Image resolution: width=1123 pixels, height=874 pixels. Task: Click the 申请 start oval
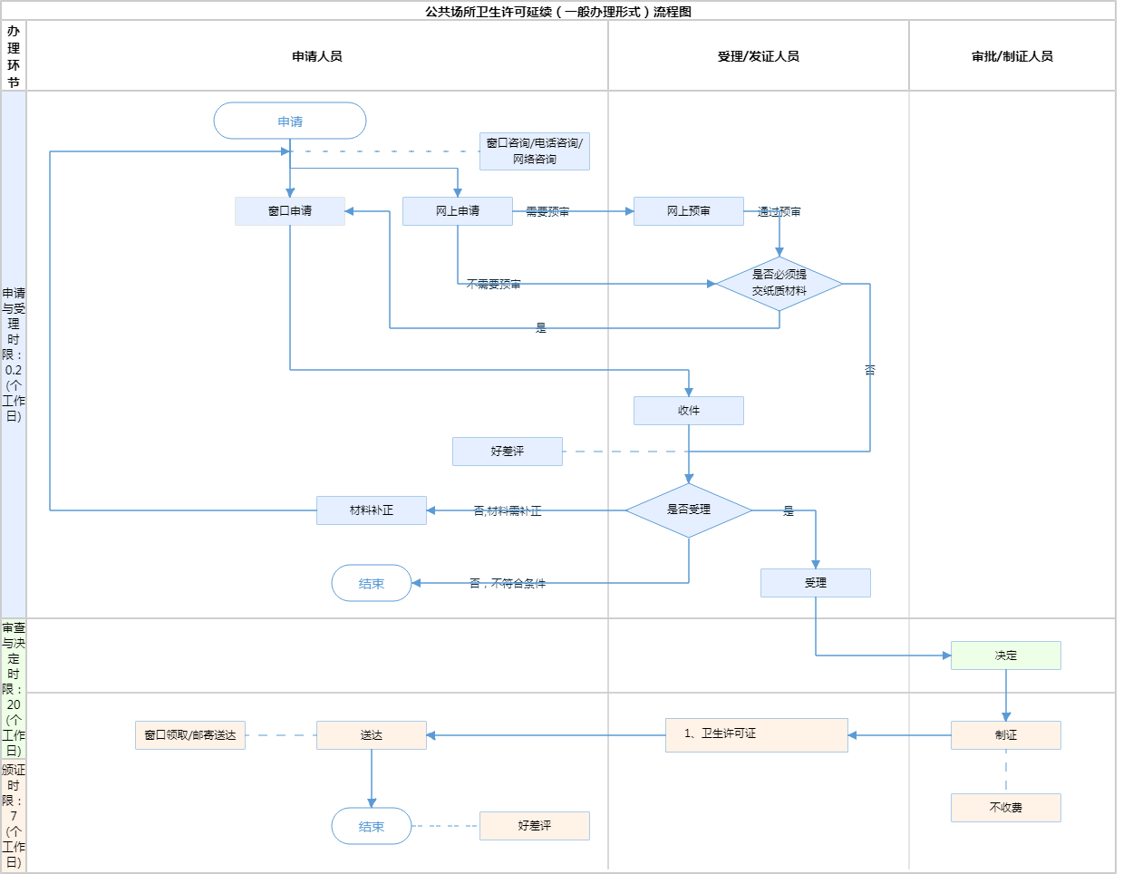click(x=290, y=121)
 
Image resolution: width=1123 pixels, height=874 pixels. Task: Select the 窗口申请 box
click(x=290, y=211)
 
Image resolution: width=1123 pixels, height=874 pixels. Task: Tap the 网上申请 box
click(x=458, y=211)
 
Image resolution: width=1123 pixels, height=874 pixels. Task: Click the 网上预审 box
click(x=689, y=211)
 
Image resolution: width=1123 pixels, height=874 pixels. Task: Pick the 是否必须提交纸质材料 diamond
click(x=779, y=283)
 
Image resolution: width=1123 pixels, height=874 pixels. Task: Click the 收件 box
click(x=689, y=411)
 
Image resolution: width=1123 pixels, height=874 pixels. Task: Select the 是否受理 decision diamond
click(x=689, y=510)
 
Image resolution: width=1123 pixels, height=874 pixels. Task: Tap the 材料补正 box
click(x=372, y=510)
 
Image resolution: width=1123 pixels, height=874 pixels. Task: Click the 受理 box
click(x=816, y=583)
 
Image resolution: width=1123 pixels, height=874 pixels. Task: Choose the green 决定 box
click(x=1006, y=655)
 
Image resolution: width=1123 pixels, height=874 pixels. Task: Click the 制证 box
click(x=1006, y=735)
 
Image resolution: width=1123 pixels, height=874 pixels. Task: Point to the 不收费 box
click(x=1006, y=808)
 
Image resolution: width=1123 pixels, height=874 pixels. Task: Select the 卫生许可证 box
click(x=757, y=734)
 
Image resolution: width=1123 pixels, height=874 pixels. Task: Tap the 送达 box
click(x=372, y=735)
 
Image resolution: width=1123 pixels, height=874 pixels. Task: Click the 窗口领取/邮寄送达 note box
click(x=190, y=735)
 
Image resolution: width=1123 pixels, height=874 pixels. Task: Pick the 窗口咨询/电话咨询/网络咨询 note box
click(x=535, y=151)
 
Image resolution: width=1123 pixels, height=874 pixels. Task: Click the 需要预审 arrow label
click(x=547, y=212)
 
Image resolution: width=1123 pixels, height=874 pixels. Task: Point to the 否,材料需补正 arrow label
click(x=508, y=511)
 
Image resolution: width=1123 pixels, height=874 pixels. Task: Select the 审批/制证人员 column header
click(x=1012, y=56)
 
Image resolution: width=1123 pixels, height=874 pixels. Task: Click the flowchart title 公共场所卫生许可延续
click(x=558, y=12)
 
